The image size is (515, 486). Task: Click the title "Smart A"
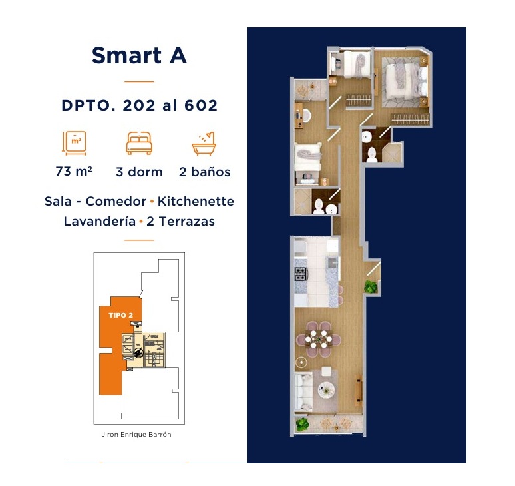pyautogui.click(x=139, y=55)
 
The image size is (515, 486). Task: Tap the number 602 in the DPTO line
pyautogui.click(x=201, y=105)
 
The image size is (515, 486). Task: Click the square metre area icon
pyautogui.click(x=75, y=143)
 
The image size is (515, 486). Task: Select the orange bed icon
pyautogui.click(x=139, y=143)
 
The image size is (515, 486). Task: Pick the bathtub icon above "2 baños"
pyautogui.click(x=204, y=143)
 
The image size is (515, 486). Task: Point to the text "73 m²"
pyautogui.click(x=74, y=172)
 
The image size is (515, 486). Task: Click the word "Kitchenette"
pyautogui.click(x=196, y=202)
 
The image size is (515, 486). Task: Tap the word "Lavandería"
pyautogui.click(x=100, y=221)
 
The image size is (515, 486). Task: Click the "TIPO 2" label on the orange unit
pyautogui.click(x=121, y=315)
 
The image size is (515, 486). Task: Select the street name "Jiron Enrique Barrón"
pyautogui.click(x=136, y=435)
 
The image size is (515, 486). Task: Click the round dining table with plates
pyautogui.click(x=319, y=339)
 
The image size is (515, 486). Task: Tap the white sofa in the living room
pyautogui.click(x=303, y=392)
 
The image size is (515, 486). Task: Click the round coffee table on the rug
pyautogui.click(x=327, y=389)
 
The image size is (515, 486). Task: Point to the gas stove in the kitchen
pyautogui.click(x=301, y=274)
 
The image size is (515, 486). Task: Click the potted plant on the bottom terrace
pyautogui.click(x=303, y=424)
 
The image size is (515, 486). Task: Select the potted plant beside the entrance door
pyautogui.click(x=371, y=286)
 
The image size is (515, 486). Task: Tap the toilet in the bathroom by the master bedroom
pyautogui.click(x=372, y=154)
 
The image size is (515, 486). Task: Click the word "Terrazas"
pyautogui.click(x=186, y=221)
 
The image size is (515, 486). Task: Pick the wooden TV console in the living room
pyautogui.click(x=358, y=391)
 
